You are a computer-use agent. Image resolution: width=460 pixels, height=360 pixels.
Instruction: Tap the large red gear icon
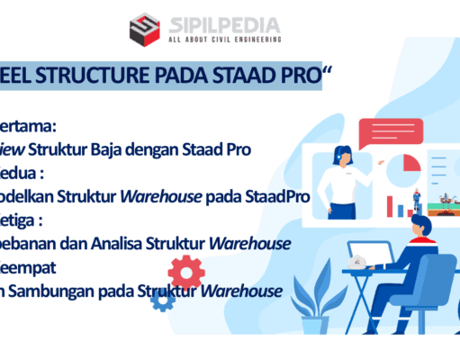pyautogui.click(x=185, y=271)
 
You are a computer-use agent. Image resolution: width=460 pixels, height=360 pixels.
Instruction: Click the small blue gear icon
pyautogui.click(x=162, y=301)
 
